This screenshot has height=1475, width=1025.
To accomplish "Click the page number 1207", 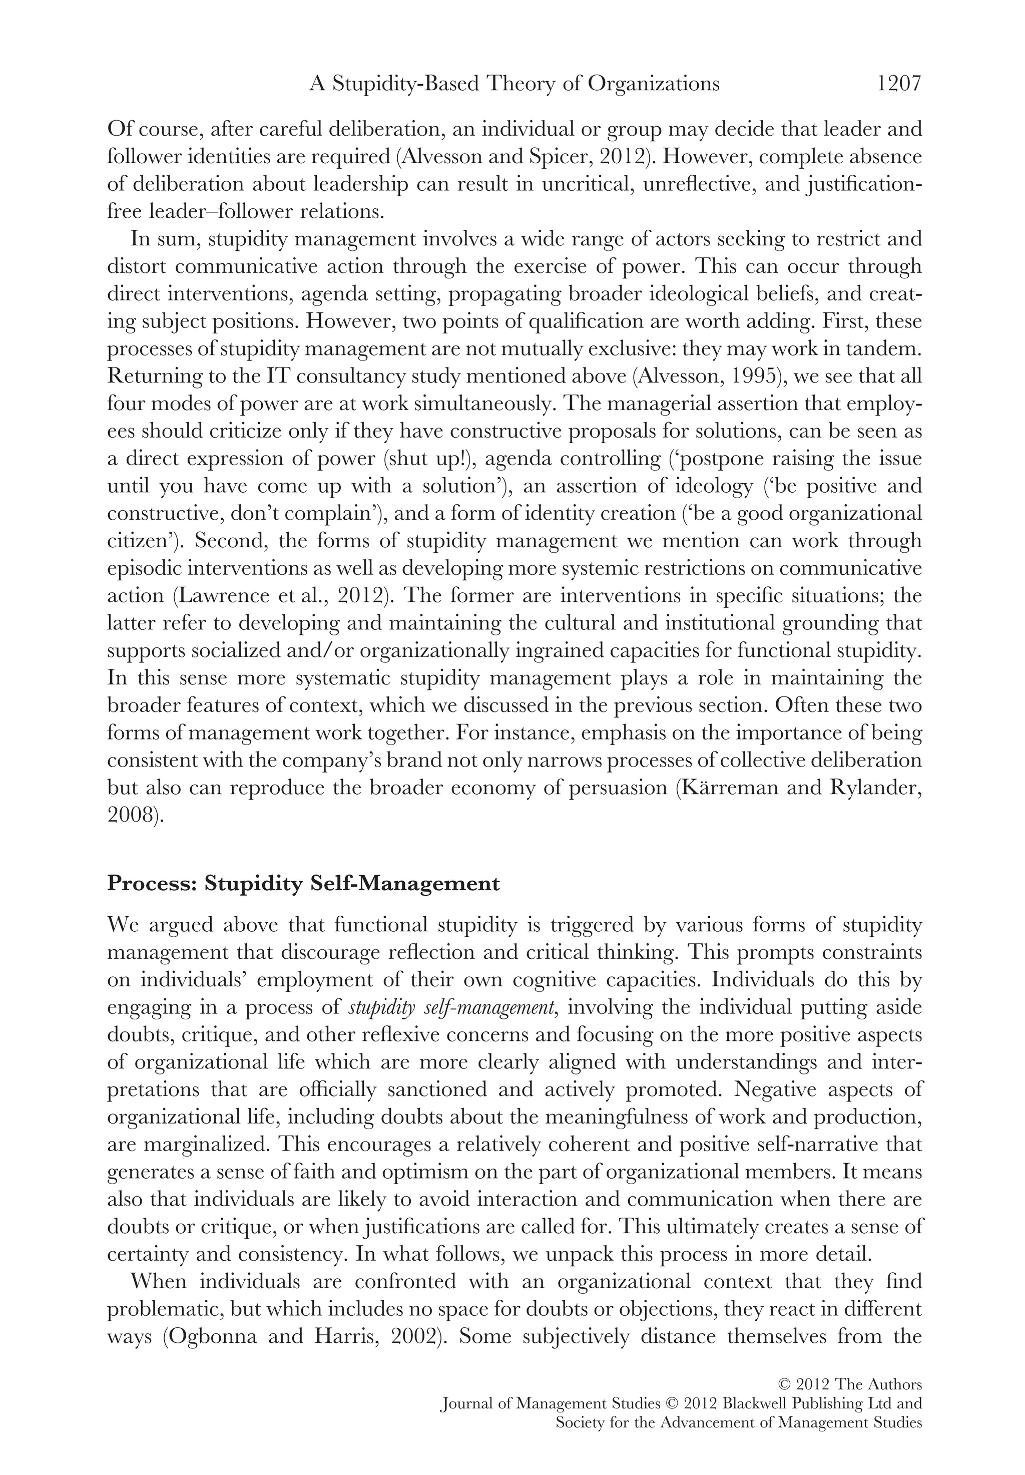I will [x=898, y=84].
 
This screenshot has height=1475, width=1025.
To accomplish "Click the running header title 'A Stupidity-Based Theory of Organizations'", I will [x=514, y=84].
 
